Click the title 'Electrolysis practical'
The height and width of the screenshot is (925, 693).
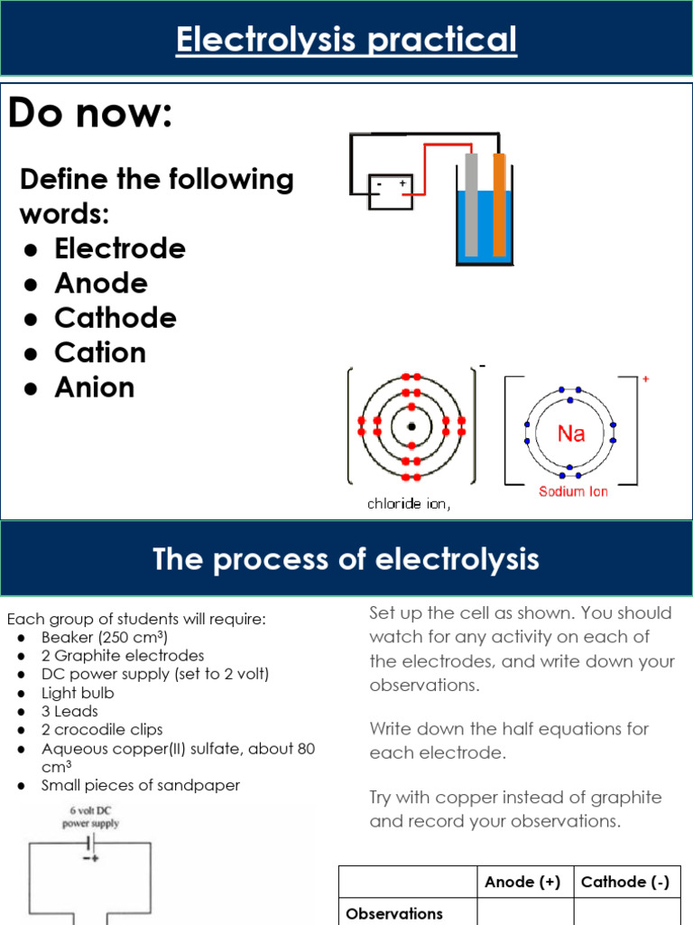pyautogui.click(x=346, y=41)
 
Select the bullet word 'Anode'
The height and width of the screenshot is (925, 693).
pyautogui.click(x=100, y=284)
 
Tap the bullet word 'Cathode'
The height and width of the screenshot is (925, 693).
pyautogui.click(x=115, y=318)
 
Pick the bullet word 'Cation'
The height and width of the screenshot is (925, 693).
pyautogui.click(x=99, y=352)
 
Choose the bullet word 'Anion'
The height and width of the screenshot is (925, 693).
pyautogui.click(x=94, y=388)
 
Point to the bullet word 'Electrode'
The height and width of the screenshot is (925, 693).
pyautogui.click(x=119, y=248)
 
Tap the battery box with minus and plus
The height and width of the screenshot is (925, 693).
pyautogui.click(x=391, y=192)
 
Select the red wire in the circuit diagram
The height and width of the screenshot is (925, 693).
pyautogui.click(x=433, y=147)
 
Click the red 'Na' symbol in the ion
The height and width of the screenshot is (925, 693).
pyautogui.click(x=571, y=434)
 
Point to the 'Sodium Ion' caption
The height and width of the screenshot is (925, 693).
pyautogui.click(x=573, y=491)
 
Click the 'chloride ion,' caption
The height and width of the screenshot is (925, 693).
pyautogui.click(x=408, y=504)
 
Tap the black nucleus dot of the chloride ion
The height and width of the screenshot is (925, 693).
pyautogui.click(x=411, y=426)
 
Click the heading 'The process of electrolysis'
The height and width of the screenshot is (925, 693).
pyautogui.click(x=346, y=559)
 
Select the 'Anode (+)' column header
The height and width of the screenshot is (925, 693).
pyautogui.click(x=522, y=883)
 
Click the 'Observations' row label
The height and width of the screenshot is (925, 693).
pyautogui.click(x=394, y=913)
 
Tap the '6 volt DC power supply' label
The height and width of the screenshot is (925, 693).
pyautogui.click(x=90, y=818)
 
